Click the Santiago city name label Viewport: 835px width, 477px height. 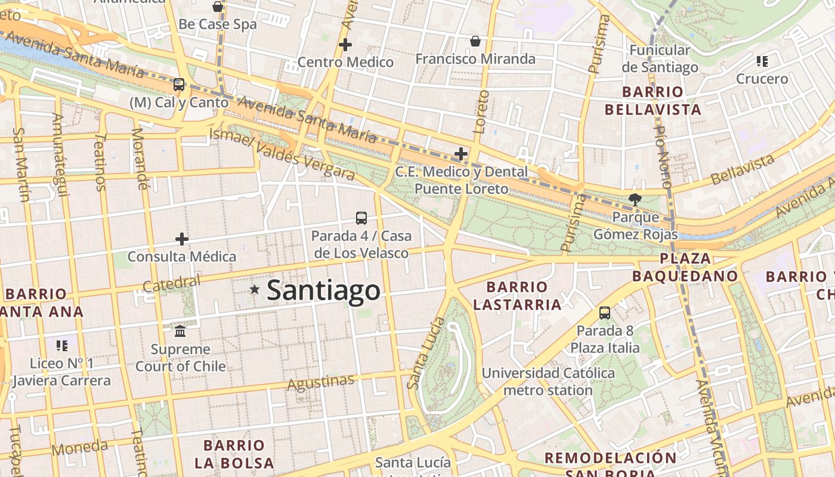tap(323, 290)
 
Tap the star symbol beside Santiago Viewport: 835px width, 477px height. tap(255, 289)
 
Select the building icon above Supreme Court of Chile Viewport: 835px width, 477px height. tap(180, 331)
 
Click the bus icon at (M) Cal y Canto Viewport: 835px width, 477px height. tap(179, 84)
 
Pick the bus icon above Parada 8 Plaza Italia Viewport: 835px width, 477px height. tap(605, 312)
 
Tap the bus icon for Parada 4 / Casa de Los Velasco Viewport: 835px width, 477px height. tap(361, 218)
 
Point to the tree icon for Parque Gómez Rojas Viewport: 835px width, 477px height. tap(635, 199)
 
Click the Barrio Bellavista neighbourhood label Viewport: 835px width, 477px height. tap(652, 101)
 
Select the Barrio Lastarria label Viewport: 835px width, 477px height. tap(517, 296)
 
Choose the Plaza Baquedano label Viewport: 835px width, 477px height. tap(685, 267)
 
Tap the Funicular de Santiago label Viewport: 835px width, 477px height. tap(660, 58)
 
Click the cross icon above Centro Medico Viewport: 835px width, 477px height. tap(345, 45)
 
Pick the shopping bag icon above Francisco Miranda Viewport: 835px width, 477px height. tap(475, 41)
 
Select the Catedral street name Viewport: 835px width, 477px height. tap(172, 284)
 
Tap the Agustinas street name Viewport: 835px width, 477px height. tap(321, 382)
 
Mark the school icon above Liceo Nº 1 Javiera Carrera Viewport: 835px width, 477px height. tap(62, 345)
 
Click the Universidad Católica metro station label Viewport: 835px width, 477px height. tap(548, 382)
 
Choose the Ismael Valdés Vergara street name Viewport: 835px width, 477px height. tap(282, 154)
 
